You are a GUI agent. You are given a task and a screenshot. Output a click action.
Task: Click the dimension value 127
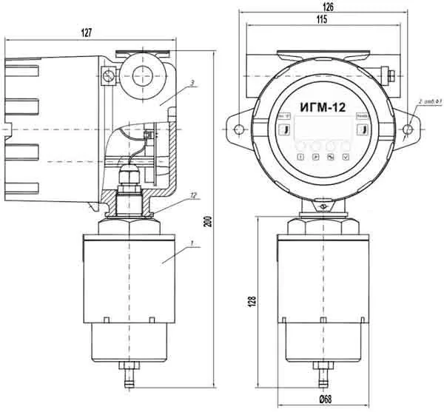[87, 33]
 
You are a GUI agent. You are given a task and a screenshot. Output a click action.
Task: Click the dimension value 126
[329, 7]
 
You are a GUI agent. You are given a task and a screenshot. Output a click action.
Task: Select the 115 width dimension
[320, 19]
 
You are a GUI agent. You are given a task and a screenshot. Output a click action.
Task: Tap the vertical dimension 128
[253, 302]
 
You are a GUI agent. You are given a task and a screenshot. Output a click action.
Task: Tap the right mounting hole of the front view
[408, 130]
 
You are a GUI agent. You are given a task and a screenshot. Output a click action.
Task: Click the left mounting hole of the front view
[239, 130]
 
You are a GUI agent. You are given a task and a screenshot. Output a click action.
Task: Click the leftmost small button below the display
[300, 158]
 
